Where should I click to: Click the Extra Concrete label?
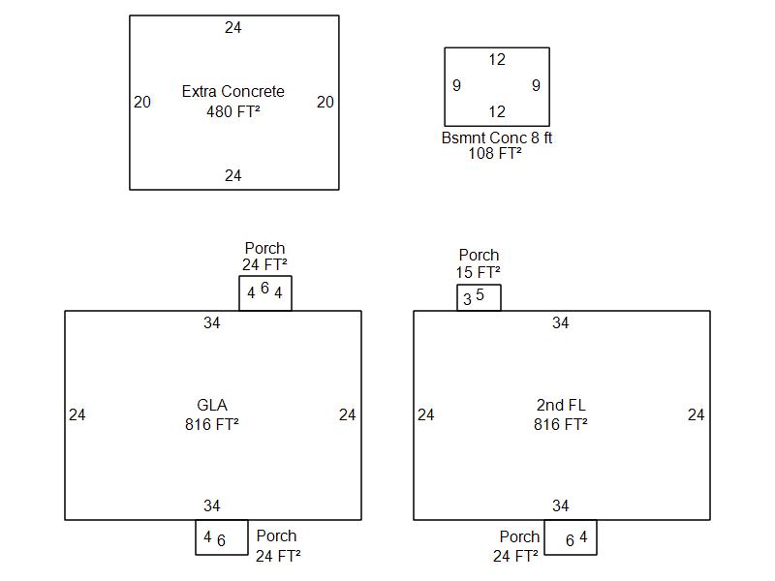(x=233, y=92)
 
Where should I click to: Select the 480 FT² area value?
(x=233, y=111)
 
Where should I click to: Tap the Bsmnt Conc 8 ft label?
(x=497, y=138)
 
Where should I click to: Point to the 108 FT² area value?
(x=495, y=153)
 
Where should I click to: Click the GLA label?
(x=212, y=406)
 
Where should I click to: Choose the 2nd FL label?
(x=561, y=406)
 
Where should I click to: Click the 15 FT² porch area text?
(x=479, y=272)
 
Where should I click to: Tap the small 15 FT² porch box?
(x=479, y=297)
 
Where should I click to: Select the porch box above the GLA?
(x=264, y=292)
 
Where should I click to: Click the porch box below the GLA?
(x=221, y=537)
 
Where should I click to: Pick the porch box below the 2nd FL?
(x=570, y=537)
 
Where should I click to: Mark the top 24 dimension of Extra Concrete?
(x=233, y=28)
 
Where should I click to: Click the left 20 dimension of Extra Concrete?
(x=142, y=102)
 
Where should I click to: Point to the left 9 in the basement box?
(x=456, y=86)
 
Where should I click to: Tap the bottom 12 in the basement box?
(x=497, y=112)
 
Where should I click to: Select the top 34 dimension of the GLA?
(x=212, y=323)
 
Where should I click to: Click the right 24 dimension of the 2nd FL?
(x=696, y=415)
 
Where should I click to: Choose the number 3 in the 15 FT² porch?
(x=467, y=299)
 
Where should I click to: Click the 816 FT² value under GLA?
(x=212, y=424)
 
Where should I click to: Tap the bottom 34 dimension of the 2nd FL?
(x=561, y=506)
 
